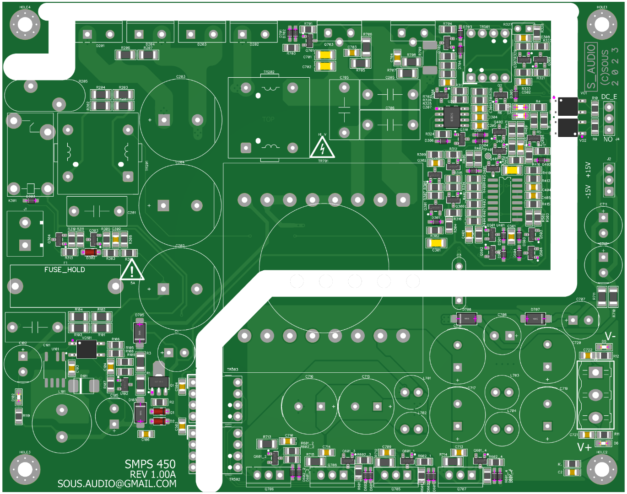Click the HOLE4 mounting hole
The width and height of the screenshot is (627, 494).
25,25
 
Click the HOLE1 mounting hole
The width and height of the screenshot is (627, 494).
602,25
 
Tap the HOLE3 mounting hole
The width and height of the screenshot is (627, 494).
25,469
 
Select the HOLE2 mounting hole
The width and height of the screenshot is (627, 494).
602,469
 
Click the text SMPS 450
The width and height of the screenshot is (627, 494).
150,464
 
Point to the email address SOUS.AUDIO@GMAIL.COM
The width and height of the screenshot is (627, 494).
117,484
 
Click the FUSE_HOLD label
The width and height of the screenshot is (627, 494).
65,270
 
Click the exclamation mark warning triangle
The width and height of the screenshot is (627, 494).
132,271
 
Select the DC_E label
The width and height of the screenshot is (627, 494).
609,97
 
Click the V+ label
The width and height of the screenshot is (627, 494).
584,447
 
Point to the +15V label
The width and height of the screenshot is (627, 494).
588,170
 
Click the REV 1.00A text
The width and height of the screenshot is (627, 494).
153,474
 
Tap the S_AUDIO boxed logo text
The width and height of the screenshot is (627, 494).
591,67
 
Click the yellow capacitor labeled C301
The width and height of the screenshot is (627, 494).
436,243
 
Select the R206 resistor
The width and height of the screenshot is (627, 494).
125,55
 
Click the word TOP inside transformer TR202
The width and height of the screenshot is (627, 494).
268,119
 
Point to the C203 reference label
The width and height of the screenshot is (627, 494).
181,77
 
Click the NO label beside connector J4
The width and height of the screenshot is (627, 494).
608,140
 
